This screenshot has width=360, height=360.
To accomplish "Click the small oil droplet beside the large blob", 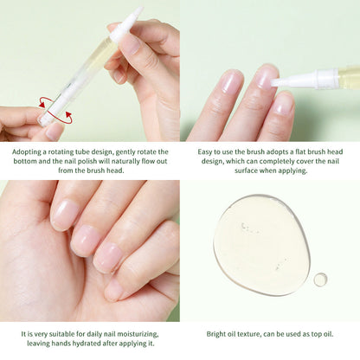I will (x=320, y=279).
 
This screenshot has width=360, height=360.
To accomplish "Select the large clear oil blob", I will (x=261, y=244).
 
